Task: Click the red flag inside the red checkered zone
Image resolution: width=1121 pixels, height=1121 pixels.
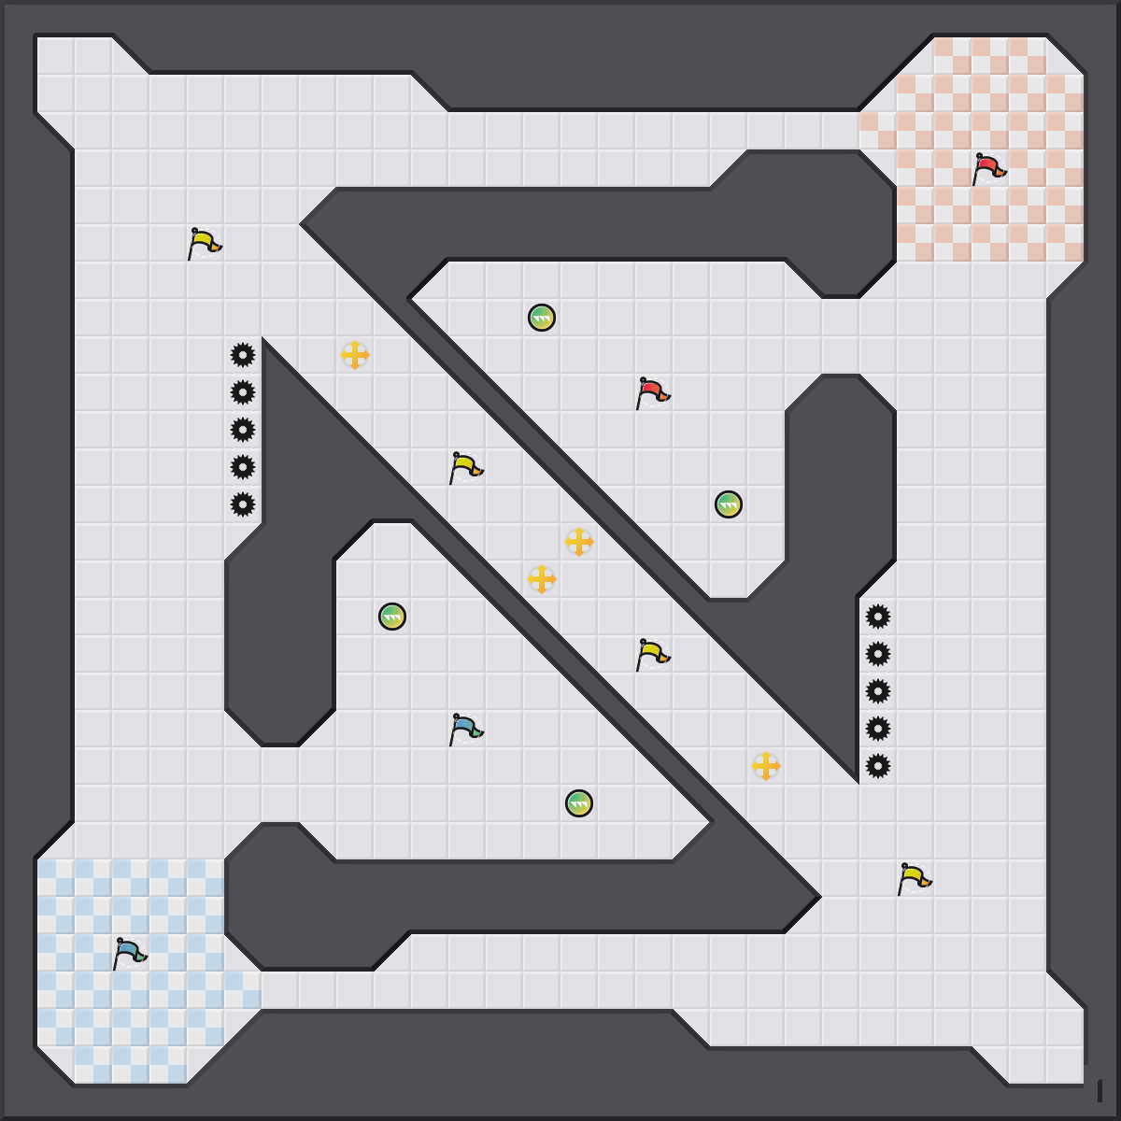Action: pos(988,169)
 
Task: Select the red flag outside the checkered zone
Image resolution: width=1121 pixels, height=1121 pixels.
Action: pos(652,393)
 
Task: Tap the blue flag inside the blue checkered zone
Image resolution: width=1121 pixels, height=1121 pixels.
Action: pos(129,954)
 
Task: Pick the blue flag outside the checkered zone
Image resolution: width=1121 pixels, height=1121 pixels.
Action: pos(465,730)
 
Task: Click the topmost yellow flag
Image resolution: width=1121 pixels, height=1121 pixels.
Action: pos(204,244)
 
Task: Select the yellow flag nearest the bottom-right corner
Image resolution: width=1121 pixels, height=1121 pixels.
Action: pos(914,879)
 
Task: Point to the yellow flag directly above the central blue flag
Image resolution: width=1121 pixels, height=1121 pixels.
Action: pos(465,468)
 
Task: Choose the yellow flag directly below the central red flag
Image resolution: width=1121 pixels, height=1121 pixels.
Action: pos(652,655)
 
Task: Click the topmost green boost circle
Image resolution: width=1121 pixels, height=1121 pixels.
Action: pos(542,318)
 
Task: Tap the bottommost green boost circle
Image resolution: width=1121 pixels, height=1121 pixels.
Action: pos(579,803)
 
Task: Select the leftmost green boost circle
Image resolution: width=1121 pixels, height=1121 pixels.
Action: pos(392,617)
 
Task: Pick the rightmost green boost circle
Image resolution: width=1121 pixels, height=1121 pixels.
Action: pos(729,504)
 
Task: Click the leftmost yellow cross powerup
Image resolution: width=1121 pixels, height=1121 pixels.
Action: pos(355,355)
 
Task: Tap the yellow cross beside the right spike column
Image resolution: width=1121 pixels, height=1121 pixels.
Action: pos(766,766)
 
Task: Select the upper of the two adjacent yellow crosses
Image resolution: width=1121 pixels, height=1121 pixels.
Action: pos(579,542)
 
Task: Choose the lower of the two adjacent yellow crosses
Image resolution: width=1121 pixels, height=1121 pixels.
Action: pos(542,579)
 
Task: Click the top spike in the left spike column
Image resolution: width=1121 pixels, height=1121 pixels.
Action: pos(243,355)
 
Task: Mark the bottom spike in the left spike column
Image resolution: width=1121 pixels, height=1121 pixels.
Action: pos(243,504)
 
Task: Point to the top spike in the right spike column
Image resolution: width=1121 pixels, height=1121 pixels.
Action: pos(878,617)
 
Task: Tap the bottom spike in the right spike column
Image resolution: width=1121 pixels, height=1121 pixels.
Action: pos(878,766)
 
